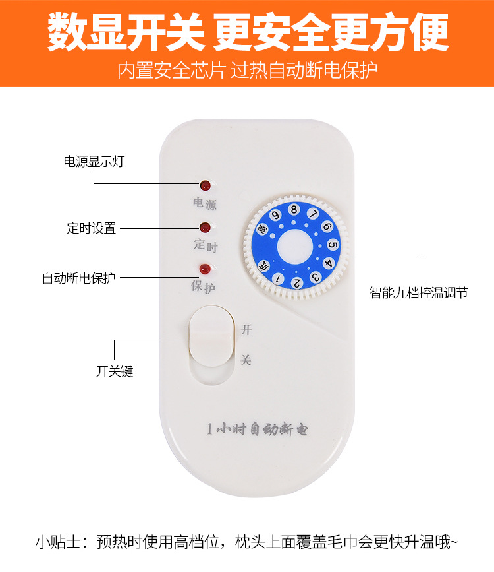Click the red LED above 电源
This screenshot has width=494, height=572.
205,185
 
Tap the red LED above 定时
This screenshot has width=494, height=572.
205,228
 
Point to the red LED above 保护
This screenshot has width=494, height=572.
205,269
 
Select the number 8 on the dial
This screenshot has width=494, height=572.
294,210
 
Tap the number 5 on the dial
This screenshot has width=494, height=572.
332,245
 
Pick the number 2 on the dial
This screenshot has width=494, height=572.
296,283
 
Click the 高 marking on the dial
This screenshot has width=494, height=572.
262,230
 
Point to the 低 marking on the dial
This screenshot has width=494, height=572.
263,265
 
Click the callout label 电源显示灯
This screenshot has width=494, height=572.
94,162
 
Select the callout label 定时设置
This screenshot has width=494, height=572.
92,228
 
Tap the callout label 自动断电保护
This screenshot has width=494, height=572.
78,278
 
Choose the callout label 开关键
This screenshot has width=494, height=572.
115,371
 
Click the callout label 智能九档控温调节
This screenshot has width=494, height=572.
419,292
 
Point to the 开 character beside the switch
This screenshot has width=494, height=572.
246,329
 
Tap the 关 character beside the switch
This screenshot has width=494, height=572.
246,360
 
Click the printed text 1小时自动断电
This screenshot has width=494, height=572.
257,429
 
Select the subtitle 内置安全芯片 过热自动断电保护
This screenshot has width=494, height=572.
247,70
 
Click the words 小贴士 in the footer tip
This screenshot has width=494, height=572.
57,542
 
